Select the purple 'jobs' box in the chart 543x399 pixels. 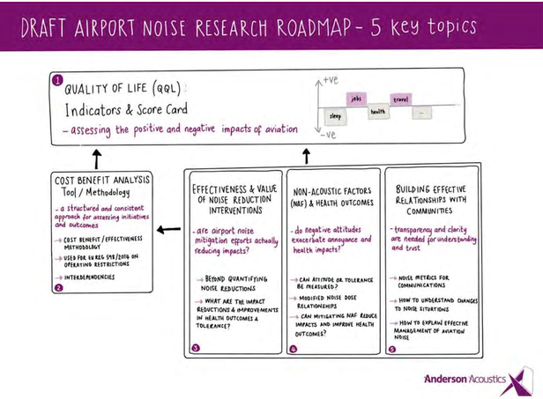[x=357, y=99]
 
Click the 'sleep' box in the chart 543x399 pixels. [x=335, y=115]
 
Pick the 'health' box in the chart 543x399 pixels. [x=379, y=112]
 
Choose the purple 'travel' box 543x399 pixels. [x=401, y=99]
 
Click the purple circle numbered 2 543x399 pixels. [x=58, y=286]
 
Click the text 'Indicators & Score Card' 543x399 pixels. [x=129, y=112]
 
